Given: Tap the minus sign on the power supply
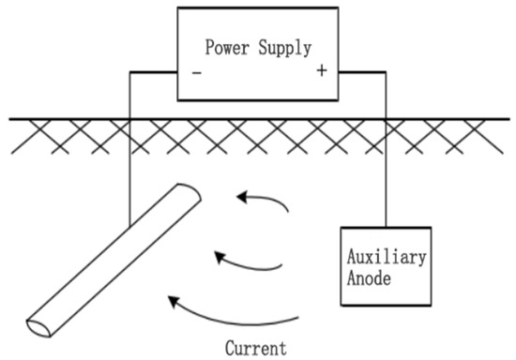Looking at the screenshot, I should pos(196,72).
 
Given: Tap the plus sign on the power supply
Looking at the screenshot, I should pos(322,72).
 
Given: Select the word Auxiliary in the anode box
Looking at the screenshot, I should pos(387,253).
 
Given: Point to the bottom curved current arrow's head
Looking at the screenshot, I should pos(169,300).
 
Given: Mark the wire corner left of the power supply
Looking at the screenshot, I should pos(128,70).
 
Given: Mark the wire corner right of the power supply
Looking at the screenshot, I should pos(386,70).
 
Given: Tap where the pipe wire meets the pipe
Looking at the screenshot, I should pos(128,234).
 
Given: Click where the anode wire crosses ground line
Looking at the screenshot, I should pos(386,119).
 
